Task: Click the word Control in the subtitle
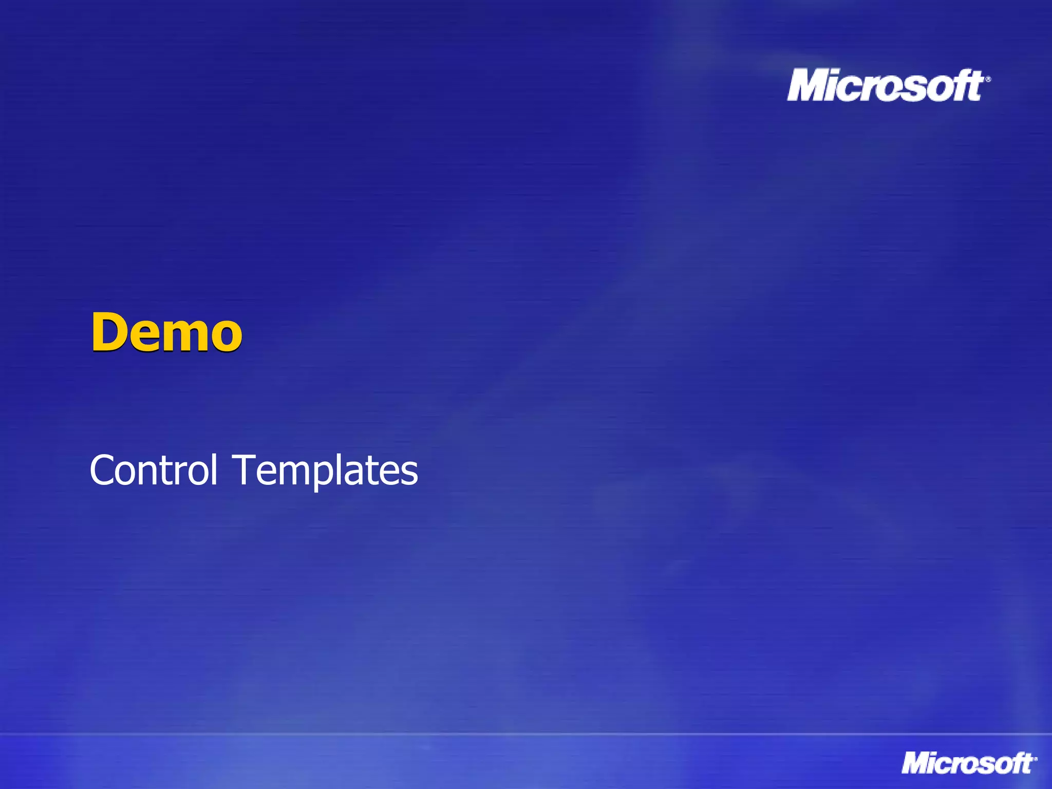(154, 469)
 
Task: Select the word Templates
(326, 469)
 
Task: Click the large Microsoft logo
(886, 85)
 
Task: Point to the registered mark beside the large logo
(988, 79)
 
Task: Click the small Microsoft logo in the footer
(968, 763)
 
